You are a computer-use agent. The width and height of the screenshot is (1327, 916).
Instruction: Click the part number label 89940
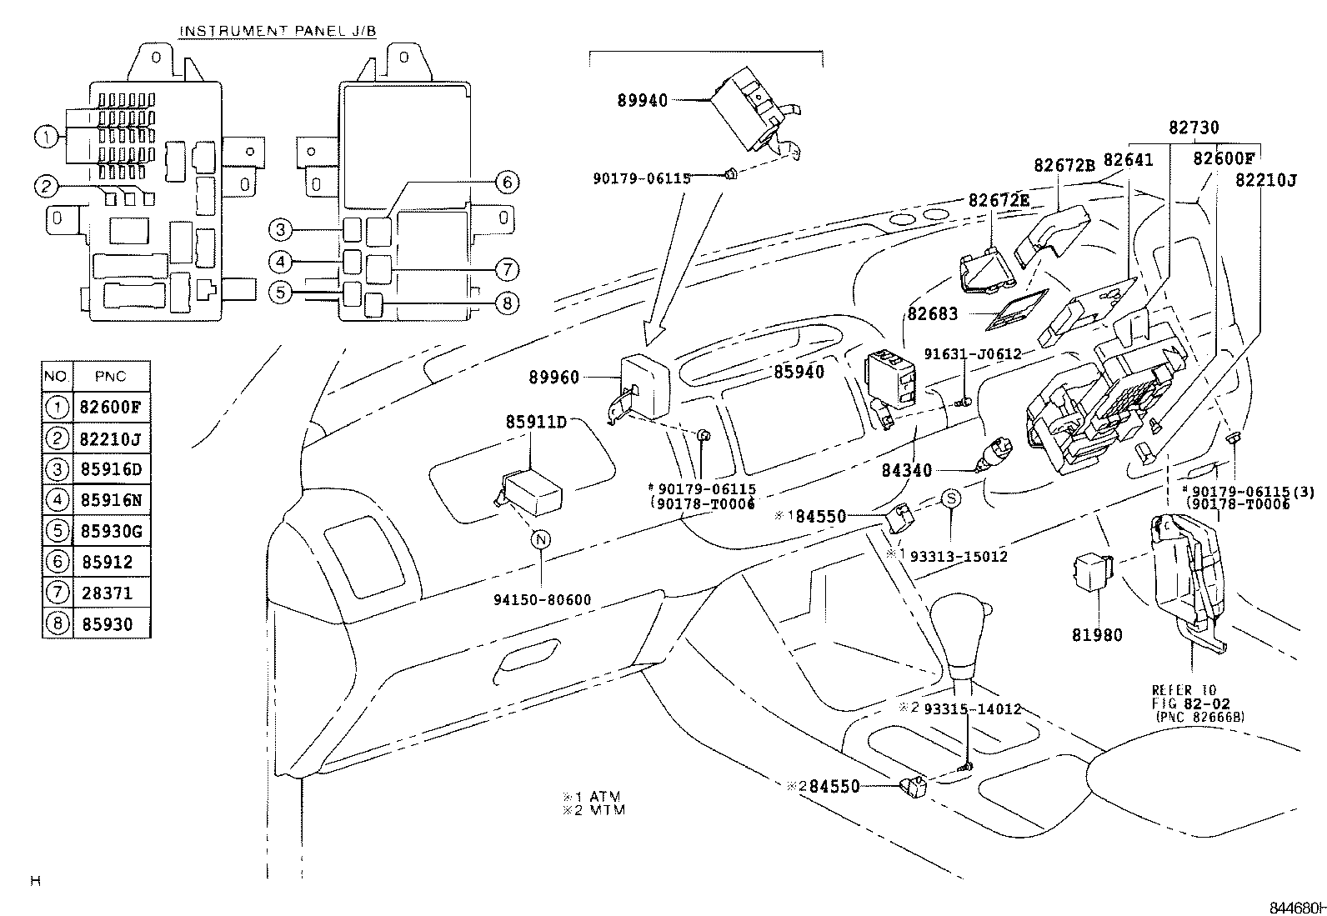643,101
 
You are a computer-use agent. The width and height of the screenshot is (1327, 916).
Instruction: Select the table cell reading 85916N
112,500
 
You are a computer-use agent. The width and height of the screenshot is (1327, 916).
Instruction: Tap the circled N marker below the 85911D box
541,539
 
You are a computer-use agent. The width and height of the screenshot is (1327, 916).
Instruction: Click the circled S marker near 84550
951,498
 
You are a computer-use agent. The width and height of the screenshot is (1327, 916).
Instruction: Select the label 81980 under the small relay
1097,635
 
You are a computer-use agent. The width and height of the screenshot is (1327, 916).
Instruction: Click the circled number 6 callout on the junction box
506,182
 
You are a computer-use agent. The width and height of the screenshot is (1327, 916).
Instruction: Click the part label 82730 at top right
1193,128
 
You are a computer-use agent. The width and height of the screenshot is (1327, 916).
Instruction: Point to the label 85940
798,372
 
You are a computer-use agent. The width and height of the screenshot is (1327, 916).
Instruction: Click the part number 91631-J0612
973,353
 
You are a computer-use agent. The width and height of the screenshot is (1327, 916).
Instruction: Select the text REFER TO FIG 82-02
1184,696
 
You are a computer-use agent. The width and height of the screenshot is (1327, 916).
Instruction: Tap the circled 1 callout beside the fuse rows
48,136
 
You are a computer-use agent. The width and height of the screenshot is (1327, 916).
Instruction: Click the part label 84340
907,471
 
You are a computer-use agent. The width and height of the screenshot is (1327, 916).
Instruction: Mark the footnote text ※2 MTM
594,809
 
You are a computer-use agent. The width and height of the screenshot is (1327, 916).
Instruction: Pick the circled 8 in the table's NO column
58,624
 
